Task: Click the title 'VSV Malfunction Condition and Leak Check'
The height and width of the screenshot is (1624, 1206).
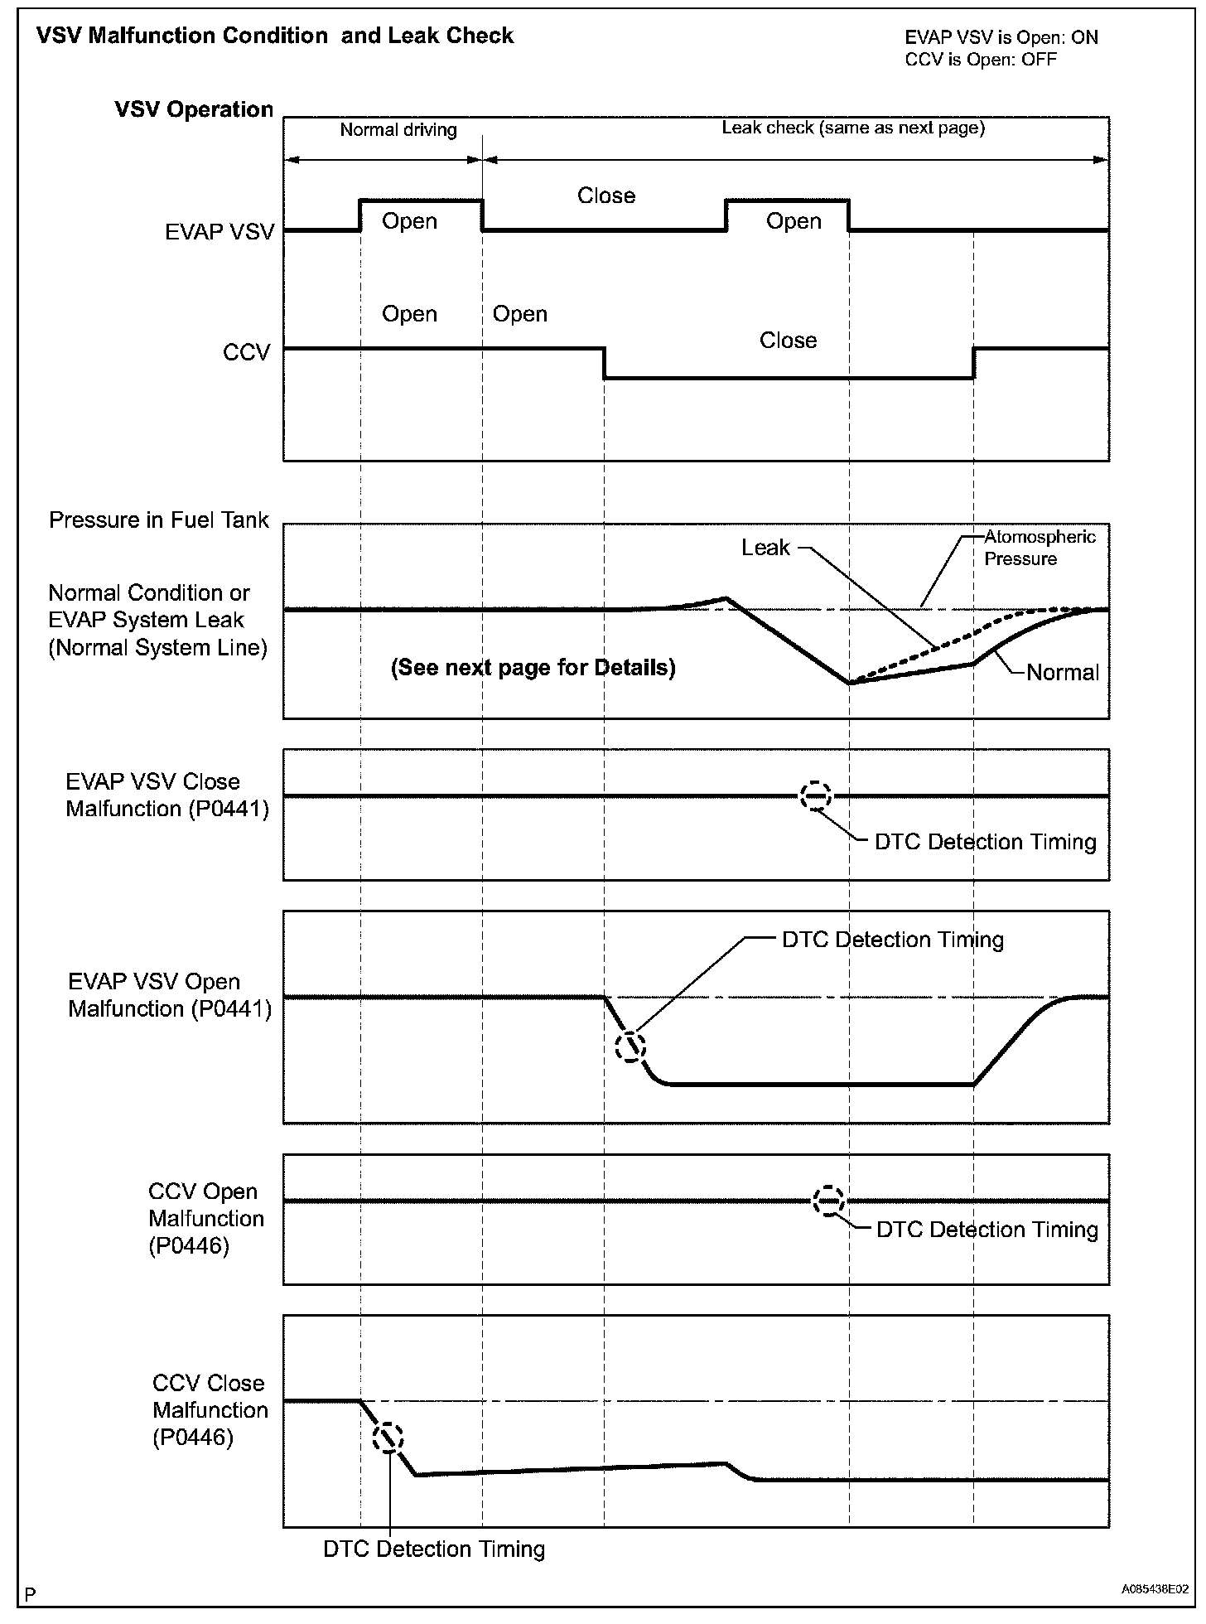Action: click(x=275, y=36)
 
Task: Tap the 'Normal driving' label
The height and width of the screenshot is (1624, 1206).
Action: click(x=398, y=129)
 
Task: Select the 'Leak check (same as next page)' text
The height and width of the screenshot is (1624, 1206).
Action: click(x=853, y=128)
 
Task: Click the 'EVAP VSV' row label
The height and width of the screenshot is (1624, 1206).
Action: click(x=219, y=232)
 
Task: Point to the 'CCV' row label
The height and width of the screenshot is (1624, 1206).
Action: click(x=246, y=352)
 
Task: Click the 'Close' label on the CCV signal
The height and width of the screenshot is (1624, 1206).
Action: click(x=788, y=341)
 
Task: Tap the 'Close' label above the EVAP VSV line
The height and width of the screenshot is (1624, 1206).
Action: click(x=606, y=196)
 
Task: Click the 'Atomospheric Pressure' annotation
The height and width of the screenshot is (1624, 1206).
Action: click(x=1039, y=547)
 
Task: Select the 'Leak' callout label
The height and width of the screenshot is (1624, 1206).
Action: click(x=765, y=548)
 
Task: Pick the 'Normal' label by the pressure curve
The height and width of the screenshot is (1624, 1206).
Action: click(x=1062, y=672)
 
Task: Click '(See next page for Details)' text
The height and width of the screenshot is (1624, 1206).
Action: click(x=533, y=667)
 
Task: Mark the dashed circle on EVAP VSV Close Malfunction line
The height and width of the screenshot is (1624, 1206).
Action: click(x=816, y=796)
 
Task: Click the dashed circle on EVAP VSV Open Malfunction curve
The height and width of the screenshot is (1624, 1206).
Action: click(x=630, y=1046)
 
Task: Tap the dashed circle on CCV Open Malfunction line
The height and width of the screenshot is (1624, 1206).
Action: click(x=828, y=1201)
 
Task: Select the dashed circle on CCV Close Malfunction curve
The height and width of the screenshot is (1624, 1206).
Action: click(x=388, y=1438)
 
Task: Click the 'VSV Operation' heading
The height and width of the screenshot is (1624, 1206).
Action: click(x=194, y=109)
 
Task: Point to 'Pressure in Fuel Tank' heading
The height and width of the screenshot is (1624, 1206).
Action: click(x=159, y=520)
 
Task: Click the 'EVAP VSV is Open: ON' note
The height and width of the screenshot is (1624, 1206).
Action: click(x=1001, y=37)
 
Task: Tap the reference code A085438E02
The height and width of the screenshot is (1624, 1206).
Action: click(x=1155, y=1589)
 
